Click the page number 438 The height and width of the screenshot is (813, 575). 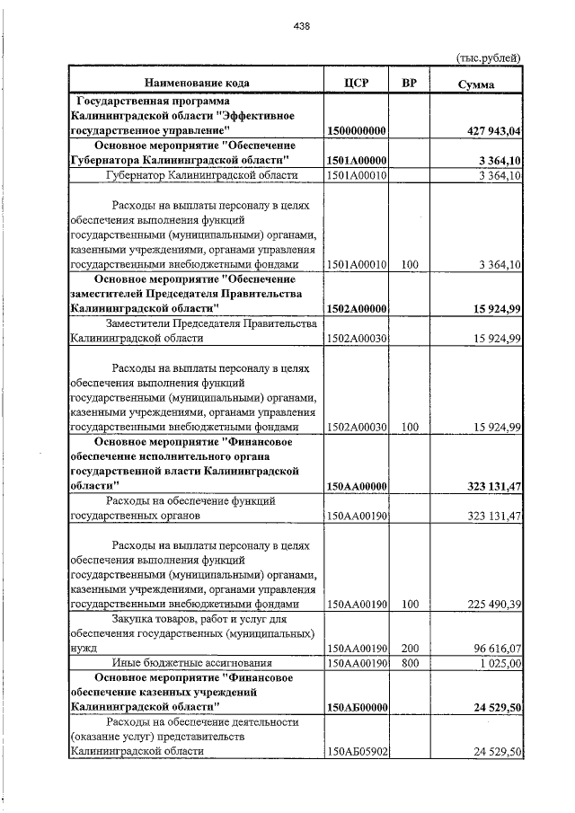tap(301, 27)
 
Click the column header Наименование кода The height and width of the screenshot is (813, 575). tap(196, 83)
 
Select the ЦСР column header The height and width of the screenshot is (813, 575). tap(357, 83)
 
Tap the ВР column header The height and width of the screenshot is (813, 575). tap(410, 83)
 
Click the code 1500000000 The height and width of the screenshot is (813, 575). tap(357, 131)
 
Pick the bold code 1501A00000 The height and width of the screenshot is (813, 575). tap(357, 161)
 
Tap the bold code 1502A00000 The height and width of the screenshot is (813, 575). tap(357, 308)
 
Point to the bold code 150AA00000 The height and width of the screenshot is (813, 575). tap(357, 486)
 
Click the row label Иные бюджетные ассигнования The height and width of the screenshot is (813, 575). tap(196, 663)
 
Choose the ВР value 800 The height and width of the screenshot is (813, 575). tap(410, 663)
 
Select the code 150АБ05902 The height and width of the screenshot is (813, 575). tap(357, 751)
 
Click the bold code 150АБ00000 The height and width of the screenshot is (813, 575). tap(357, 708)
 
